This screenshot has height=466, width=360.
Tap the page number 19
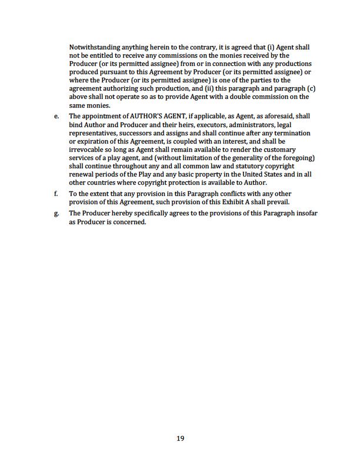tap(181, 437)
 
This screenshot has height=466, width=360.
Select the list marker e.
tap(56, 116)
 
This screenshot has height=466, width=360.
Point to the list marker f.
tap(55, 194)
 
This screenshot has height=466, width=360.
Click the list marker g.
tap(56, 213)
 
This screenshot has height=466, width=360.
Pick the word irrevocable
tap(87, 149)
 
